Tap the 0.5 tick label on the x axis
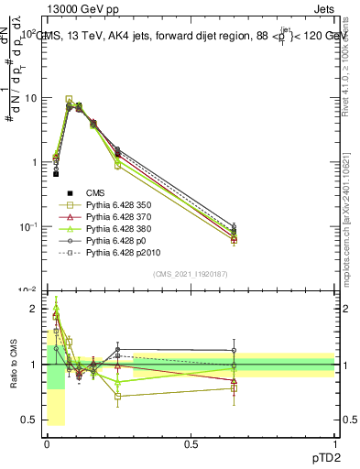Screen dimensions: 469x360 (191, 442)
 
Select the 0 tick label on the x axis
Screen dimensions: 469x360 (47, 442)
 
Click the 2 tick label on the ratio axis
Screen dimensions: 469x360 (35, 310)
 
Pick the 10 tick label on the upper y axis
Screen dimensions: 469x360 (30, 98)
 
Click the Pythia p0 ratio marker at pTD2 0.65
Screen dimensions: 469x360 (234, 350)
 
